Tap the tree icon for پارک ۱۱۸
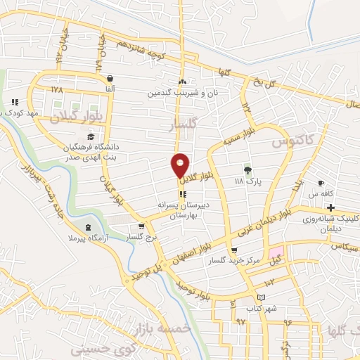pyautogui.click(x=247, y=169)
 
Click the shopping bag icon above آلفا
pyautogui.click(x=109, y=79)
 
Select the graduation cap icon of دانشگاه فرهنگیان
pyautogui.click(x=89, y=137)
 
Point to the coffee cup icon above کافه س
pyautogui.click(x=321, y=183)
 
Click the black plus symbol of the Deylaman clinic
pyautogui.click(x=330, y=207)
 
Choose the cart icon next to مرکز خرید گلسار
pyautogui.click(x=234, y=250)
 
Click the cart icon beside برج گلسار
pyautogui.click(x=142, y=227)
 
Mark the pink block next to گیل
pyautogui.click(x=276, y=252)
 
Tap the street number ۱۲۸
pyautogui.click(x=57, y=90)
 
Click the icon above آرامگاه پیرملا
pyautogui.click(x=88, y=226)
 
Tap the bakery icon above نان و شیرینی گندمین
pyautogui.click(x=182, y=82)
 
